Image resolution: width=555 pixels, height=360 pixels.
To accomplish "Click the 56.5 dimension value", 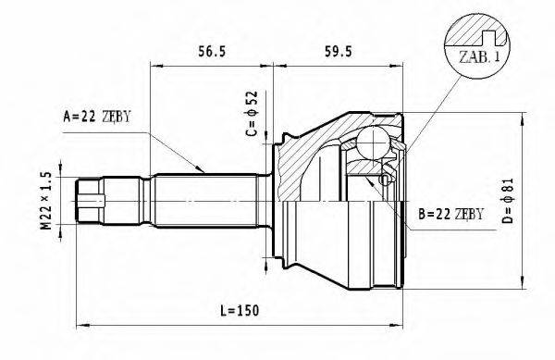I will (x=214, y=51).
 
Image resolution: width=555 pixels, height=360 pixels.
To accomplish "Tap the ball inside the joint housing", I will (x=374, y=143).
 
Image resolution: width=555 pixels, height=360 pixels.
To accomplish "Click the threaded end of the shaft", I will (x=89, y=197).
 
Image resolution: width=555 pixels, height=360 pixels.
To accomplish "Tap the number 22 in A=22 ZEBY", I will (x=89, y=117).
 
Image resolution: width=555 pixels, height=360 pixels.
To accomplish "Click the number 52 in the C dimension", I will (x=252, y=100).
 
